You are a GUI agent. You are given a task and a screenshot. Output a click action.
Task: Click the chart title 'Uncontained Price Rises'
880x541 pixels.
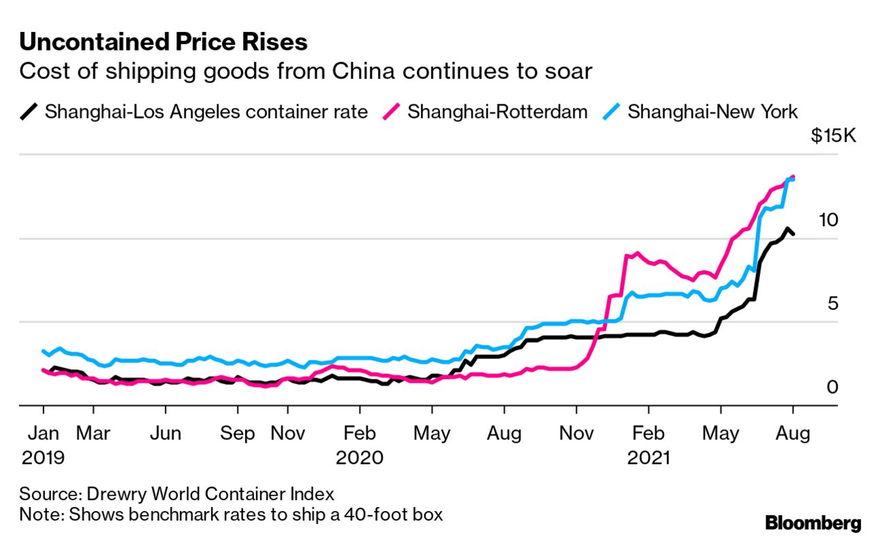(x=163, y=42)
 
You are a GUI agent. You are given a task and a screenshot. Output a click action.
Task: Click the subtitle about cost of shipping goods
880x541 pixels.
(x=305, y=72)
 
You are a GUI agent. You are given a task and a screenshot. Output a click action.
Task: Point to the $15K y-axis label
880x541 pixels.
(x=832, y=136)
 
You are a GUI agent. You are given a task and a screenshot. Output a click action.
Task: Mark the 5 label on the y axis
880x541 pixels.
(x=832, y=303)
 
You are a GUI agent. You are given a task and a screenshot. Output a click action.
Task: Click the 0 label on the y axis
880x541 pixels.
(x=832, y=387)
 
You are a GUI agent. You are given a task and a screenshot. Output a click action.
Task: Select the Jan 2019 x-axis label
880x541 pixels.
(x=43, y=444)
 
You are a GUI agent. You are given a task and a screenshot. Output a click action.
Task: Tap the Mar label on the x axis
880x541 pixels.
(x=93, y=433)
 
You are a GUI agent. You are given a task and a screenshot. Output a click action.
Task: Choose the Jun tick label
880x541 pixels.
(x=166, y=433)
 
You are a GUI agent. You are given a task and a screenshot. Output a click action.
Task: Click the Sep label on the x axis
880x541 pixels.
(x=238, y=433)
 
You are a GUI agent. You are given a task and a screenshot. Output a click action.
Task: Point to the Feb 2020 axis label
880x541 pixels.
(x=360, y=444)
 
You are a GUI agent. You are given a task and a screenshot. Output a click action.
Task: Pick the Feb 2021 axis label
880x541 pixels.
(x=648, y=444)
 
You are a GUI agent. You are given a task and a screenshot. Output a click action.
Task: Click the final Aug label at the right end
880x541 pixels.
(x=792, y=433)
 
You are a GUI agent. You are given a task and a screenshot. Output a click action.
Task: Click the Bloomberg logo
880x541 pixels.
(x=813, y=523)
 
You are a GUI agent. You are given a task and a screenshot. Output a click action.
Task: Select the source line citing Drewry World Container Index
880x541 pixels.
(x=177, y=493)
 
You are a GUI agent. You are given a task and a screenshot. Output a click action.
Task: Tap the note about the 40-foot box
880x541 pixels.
(x=231, y=513)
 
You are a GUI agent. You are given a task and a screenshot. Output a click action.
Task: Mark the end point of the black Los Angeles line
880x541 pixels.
(x=792, y=234)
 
